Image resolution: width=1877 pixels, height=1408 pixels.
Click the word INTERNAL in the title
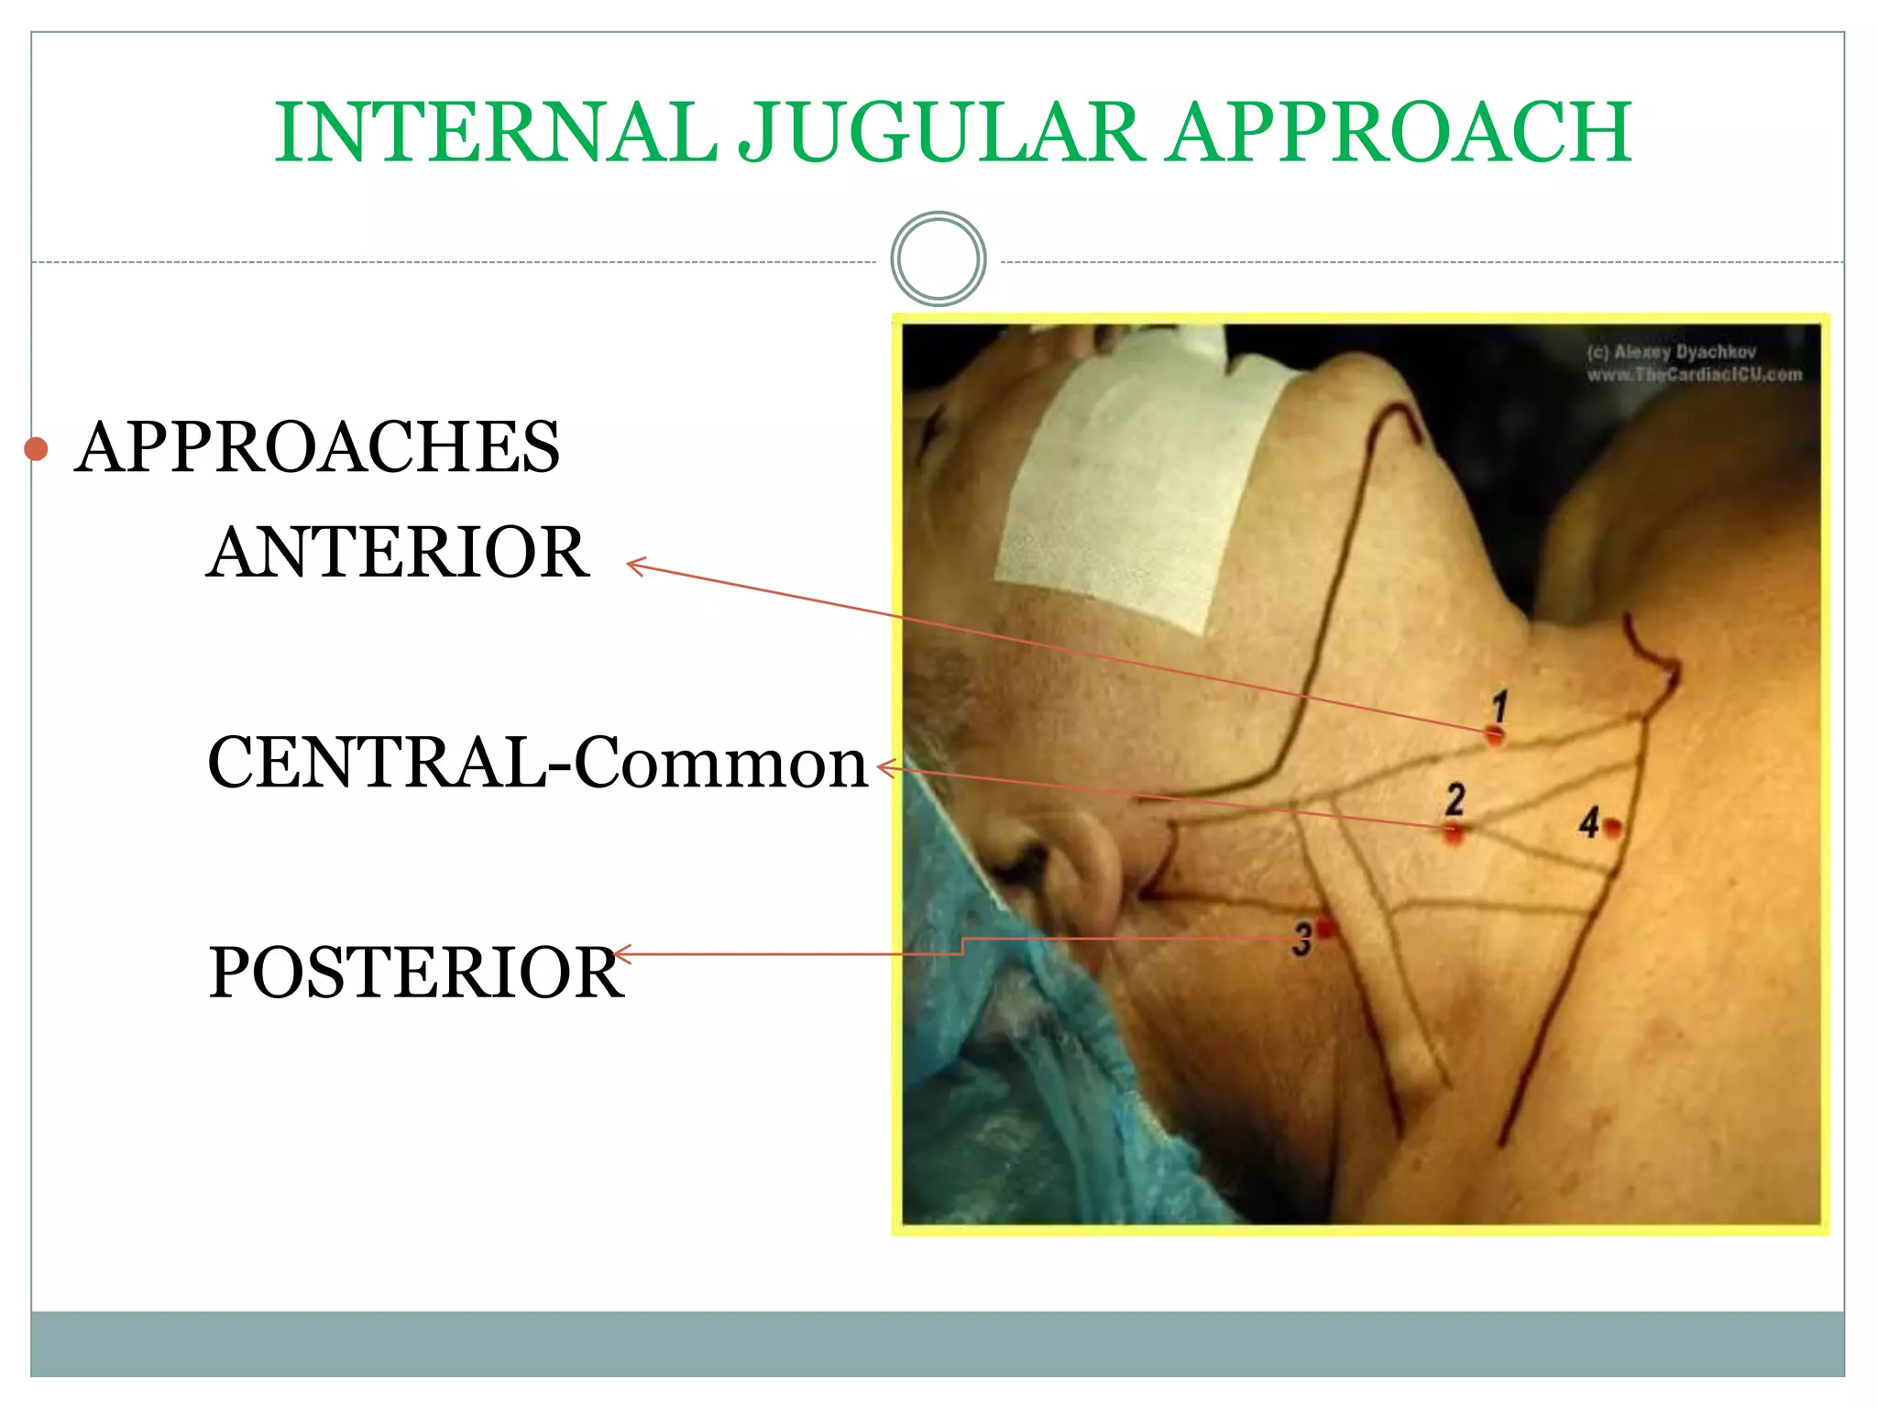[495, 133]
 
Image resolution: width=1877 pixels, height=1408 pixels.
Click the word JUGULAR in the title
[940, 133]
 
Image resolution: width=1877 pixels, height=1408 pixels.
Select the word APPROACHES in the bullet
[317, 447]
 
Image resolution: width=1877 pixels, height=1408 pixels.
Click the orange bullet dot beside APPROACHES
[36, 448]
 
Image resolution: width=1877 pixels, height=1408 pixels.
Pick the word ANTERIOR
[398, 553]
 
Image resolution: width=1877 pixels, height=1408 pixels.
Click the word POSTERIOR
[416, 973]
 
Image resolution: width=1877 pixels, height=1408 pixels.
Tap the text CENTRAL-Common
[537, 763]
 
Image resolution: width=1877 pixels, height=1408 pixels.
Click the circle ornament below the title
[938, 259]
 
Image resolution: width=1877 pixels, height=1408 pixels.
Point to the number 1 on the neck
[1499, 706]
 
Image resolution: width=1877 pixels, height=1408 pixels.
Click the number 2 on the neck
[1454, 798]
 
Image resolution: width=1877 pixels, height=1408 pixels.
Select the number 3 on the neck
[1302, 940]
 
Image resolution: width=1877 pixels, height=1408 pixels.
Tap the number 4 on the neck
[1588, 822]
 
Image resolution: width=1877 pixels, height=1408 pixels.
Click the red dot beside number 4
[1613, 829]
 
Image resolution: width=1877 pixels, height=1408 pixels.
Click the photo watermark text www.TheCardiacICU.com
[1694, 375]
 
